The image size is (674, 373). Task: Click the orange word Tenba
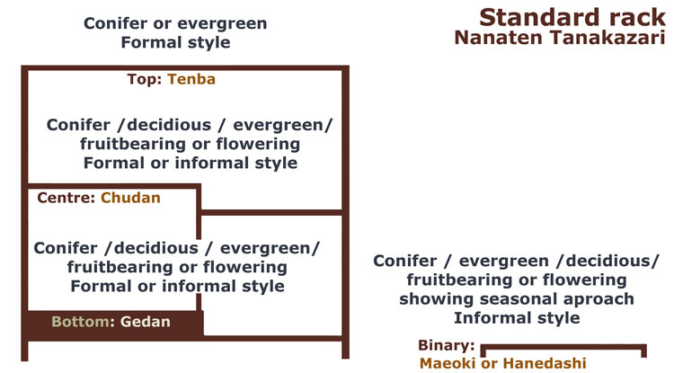pyautogui.click(x=191, y=79)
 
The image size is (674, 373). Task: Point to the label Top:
pyautogui.click(x=145, y=79)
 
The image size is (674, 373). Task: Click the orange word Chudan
pyautogui.click(x=130, y=198)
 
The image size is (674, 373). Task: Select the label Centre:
pyautogui.click(x=67, y=198)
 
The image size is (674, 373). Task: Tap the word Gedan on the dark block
pyautogui.click(x=146, y=322)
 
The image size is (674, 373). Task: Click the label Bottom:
pyautogui.click(x=84, y=322)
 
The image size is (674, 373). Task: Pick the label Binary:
pyautogui.click(x=446, y=345)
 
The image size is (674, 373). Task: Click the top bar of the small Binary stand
pyautogui.click(x=563, y=346)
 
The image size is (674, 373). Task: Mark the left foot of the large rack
pyautogui.click(x=24, y=351)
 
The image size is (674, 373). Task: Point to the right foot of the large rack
pyautogui.click(x=346, y=350)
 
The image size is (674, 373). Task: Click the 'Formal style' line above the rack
pyautogui.click(x=175, y=42)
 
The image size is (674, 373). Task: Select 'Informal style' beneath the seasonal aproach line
pyautogui.click(x=517, y=318)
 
